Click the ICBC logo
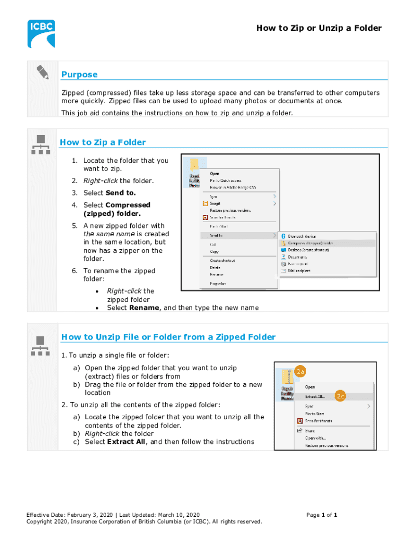[41, 33]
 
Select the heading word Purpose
[79, 75]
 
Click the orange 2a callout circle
[300, 372]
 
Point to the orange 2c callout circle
[340, 396]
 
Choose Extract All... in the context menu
[315, 396]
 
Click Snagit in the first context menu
[215, 203]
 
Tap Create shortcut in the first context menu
[222, 260]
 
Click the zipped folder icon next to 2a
[286, 377]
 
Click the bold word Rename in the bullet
[144, 308]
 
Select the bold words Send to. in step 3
[121, 193]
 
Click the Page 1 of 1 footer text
[322, 515]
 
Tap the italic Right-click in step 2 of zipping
[101, 181]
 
